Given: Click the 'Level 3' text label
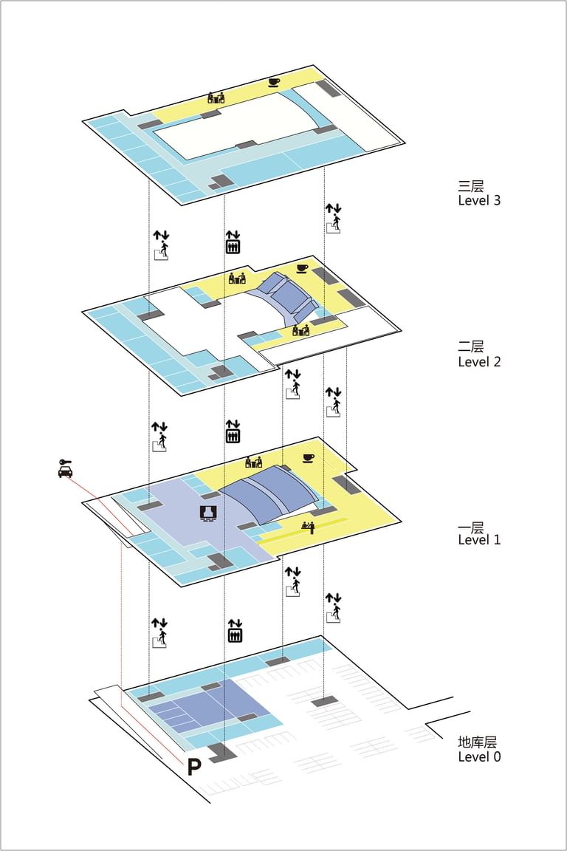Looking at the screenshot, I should coord(479,199).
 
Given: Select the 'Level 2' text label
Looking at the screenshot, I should coord(479,361).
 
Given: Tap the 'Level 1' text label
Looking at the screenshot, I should coord(479,539).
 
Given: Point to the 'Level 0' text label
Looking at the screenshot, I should coord(479,756).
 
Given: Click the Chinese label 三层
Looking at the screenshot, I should coord(471,186).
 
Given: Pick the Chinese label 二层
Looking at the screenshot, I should coord(471,347).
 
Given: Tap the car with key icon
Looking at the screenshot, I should coord(65,468).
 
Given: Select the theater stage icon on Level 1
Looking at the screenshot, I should coord(207,513).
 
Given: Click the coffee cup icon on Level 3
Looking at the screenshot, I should coord(275,82).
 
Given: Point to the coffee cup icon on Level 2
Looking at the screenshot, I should coord(302,268).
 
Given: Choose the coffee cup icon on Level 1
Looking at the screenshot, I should coord(308,458).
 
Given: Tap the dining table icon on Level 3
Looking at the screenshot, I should coord(216,98).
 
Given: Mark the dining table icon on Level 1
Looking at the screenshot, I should coord(253,462).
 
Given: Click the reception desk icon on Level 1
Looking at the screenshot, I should coord(308,527).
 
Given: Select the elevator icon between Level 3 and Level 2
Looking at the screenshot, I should coord(233,242).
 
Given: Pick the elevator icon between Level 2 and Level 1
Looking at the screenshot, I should coord(233,431).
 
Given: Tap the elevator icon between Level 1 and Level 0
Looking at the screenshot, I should coord(235,631).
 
